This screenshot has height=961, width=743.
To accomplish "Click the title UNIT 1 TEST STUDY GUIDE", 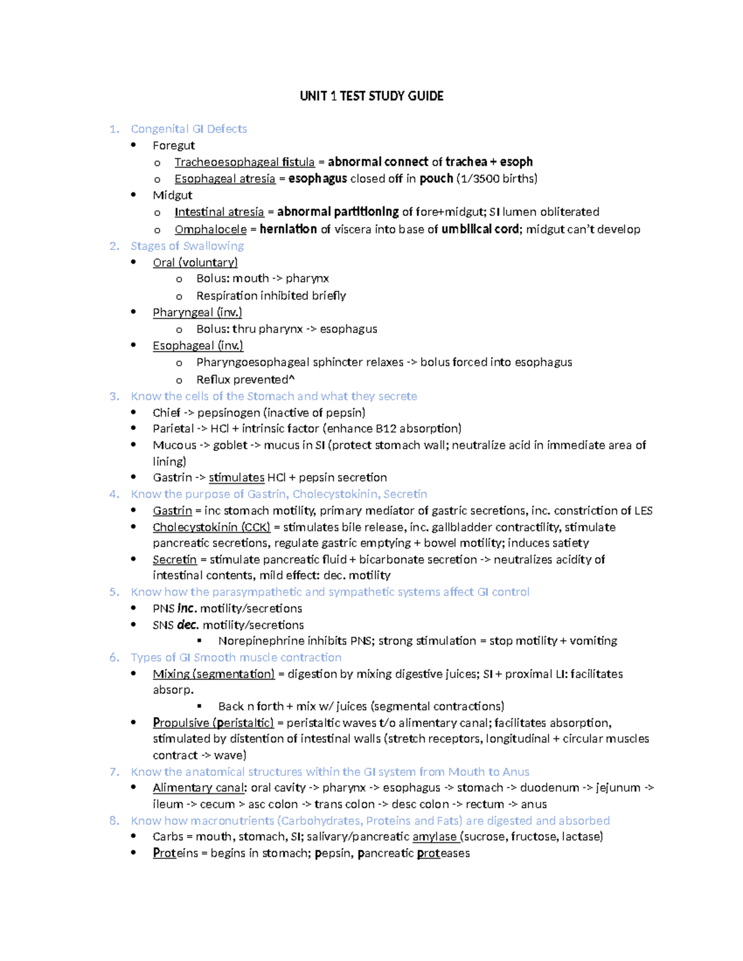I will (x=371, y=96).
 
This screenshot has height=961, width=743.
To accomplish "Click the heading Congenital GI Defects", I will (x=189, y=129).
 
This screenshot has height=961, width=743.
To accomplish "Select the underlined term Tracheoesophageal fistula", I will (x=245, y=162).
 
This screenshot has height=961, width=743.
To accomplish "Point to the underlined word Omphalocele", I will (x=211, y=230).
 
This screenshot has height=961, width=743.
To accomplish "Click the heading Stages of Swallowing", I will (x=187, y=246).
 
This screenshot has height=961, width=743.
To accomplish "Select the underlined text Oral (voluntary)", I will (x=195, y=262).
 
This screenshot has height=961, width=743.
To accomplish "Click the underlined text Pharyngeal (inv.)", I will (x=197, y=312).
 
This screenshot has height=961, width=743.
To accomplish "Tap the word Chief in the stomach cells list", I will (x=166, y=413).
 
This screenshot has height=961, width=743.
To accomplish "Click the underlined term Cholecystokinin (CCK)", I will (x=211, y=527).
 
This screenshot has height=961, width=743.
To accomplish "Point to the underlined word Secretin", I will (x=175, y=559).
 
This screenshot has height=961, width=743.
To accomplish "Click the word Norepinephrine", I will (x=261, y=640).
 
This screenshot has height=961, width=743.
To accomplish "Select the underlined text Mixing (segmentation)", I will (x=214, y=674).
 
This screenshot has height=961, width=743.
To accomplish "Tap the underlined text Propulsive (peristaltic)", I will (x=213, y=723).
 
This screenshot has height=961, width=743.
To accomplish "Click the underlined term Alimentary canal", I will (x=199, y=788).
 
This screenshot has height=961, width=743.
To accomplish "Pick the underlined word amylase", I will (x=435, y=837).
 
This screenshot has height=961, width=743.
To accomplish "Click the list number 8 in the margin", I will (x=113, y=821).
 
